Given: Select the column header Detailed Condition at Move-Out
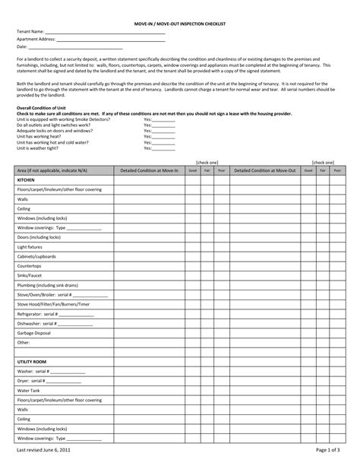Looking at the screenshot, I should pos(264,171).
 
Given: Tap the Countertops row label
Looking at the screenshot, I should pos(30,266).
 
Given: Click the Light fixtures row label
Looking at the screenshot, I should pos(31,246).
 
